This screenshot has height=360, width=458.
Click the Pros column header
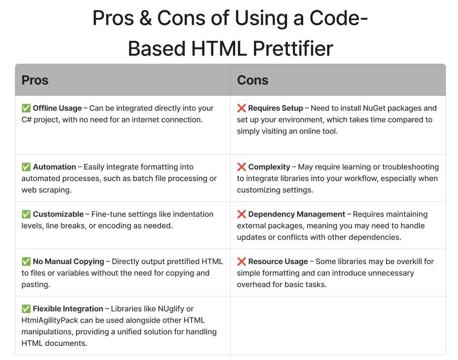tap(35, 80)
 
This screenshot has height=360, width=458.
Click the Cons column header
tap(252, 80)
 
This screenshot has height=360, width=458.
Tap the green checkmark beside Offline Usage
tap(26, 108)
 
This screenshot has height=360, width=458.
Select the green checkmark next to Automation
tap(26, 167)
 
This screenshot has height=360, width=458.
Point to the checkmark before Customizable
tap(26, 214)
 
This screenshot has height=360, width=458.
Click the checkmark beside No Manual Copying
tap(26, 262)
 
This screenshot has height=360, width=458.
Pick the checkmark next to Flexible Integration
tap(26, 309)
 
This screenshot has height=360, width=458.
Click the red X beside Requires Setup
tap(242, 108)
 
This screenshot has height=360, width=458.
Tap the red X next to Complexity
tap(242, 167)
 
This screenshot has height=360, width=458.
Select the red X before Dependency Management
tap(242, 214)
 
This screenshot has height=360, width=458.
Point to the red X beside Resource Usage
tap(242, 262)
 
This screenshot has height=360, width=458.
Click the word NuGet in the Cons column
tap(375, 108)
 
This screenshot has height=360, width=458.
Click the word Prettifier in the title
tap(293, 48)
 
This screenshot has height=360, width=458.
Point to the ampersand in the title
tap(145, 18)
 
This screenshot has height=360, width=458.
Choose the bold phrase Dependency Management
tap(296, 214)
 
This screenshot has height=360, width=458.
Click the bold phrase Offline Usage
tap(57, 108)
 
